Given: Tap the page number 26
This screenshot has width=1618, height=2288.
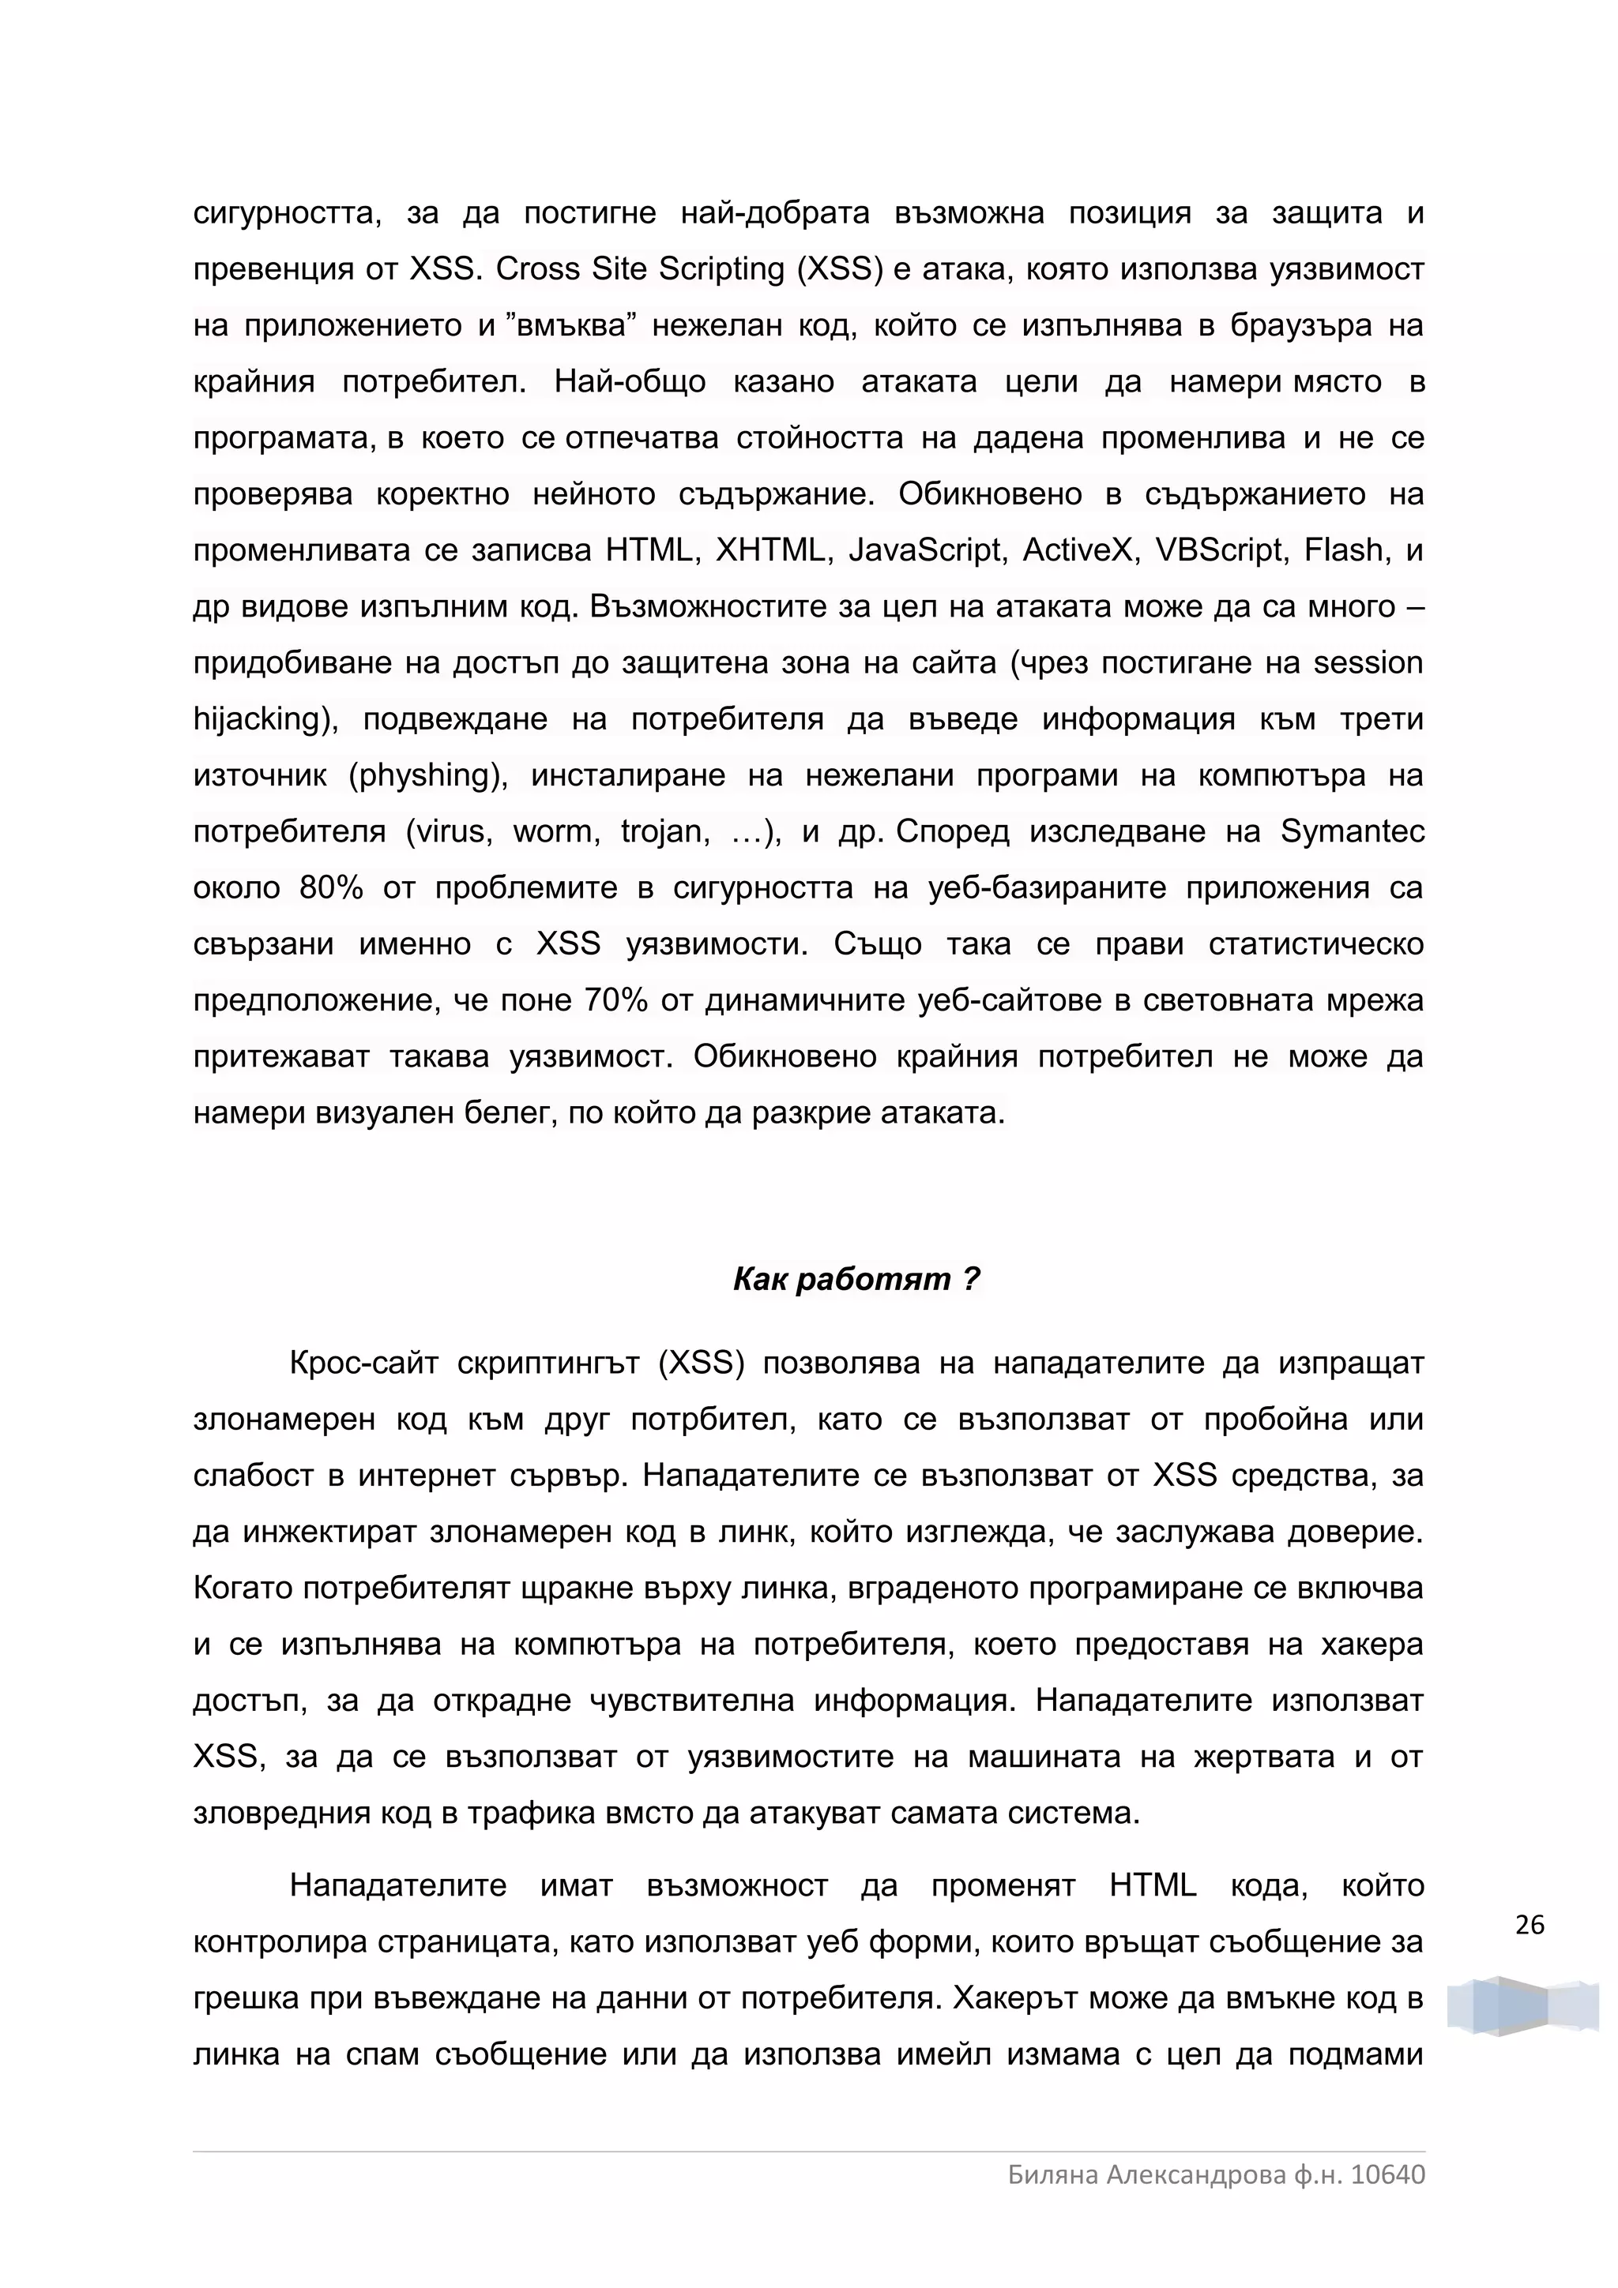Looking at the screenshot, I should (x=1530, y=1926).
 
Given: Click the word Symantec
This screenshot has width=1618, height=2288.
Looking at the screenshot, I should (x=1352, y=831).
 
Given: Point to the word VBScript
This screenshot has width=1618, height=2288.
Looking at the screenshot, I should (x=1219, y=550).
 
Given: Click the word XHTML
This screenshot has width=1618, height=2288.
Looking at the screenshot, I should (x=773, y=550).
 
